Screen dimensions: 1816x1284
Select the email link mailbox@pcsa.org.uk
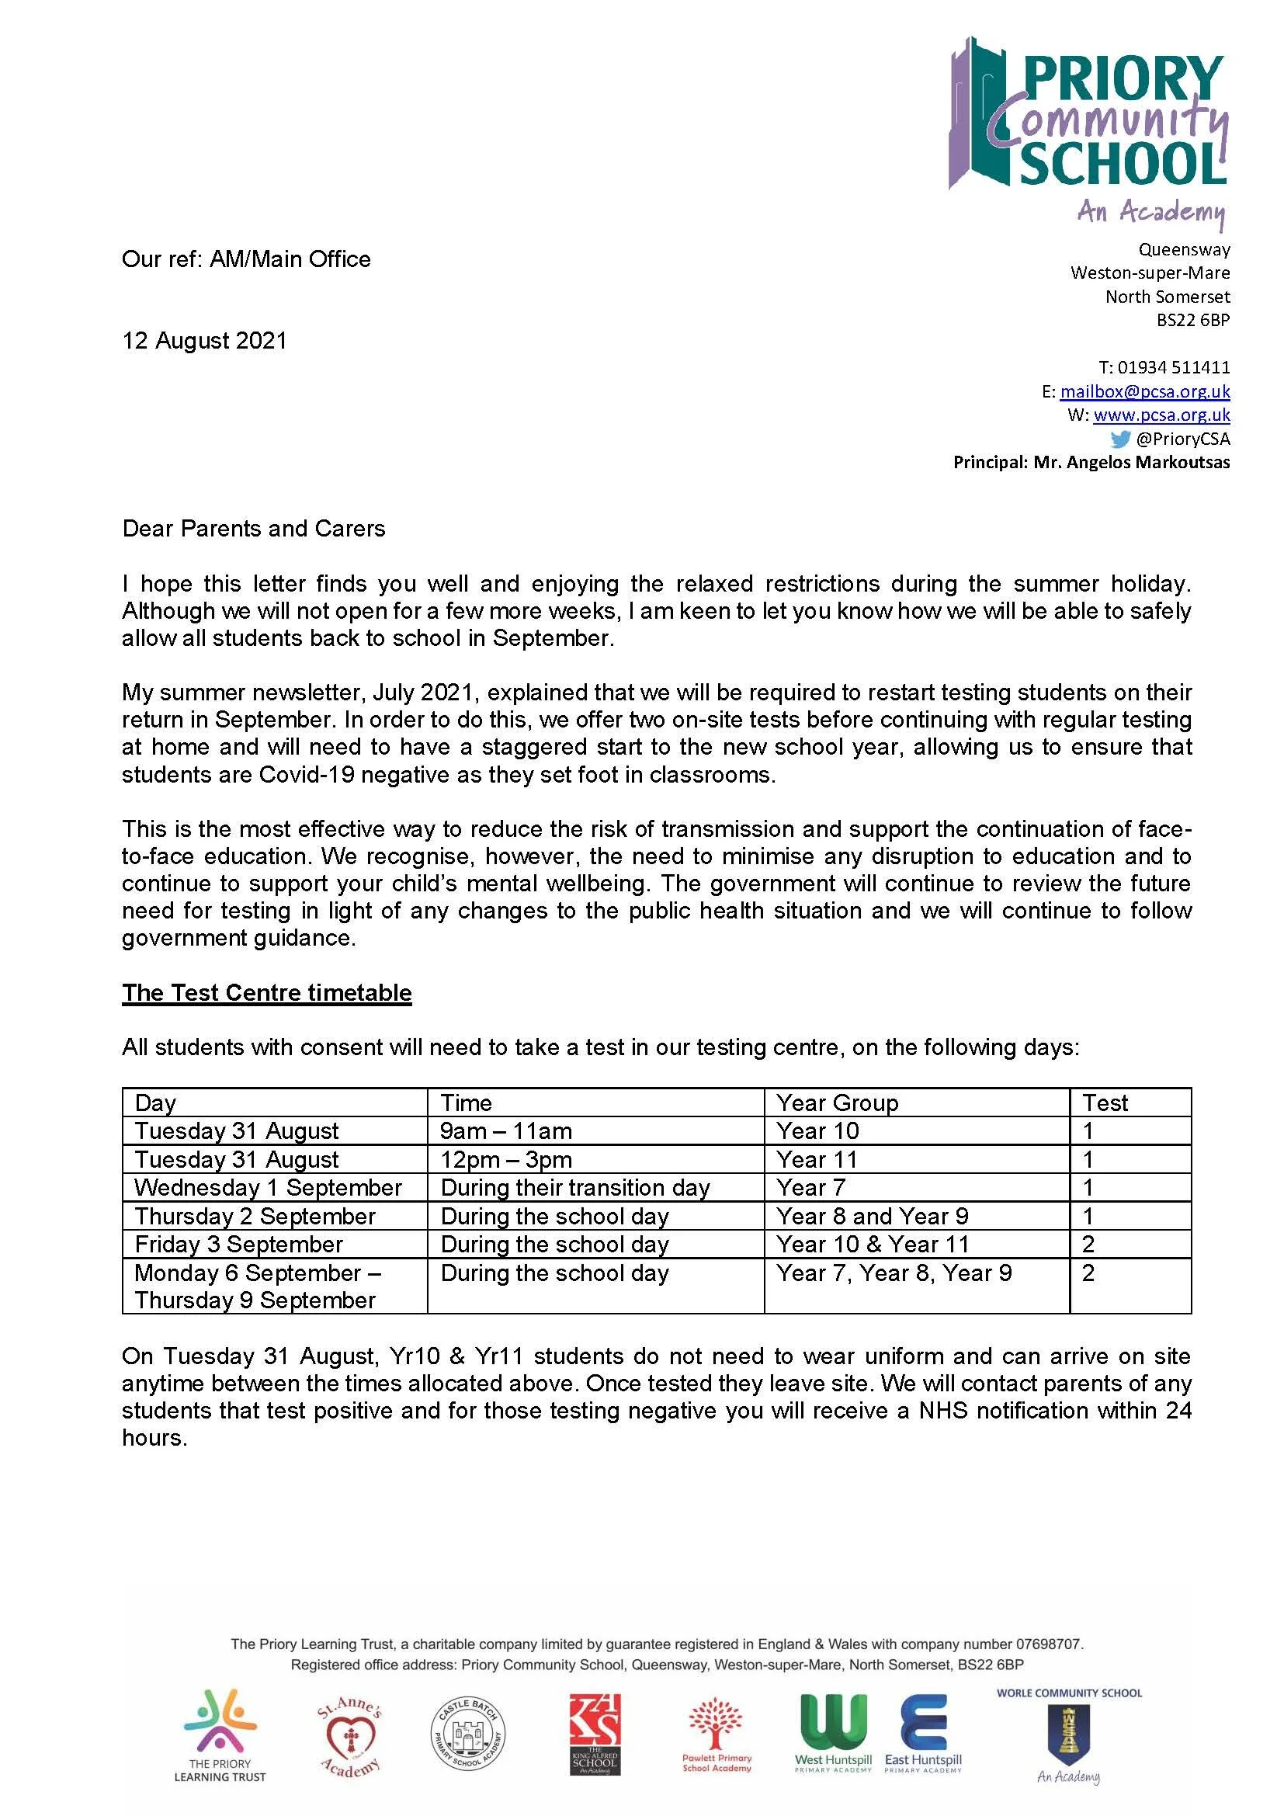point(1144,391)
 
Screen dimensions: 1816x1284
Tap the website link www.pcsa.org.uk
point(1161,415)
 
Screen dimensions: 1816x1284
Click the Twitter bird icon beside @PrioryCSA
point(1119,439)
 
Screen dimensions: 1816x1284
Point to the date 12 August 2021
point(204,341)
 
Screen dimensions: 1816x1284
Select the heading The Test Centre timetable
point(266,993)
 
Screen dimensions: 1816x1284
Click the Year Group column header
point(837,1102)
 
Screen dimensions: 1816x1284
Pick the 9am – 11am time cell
point(506,1131)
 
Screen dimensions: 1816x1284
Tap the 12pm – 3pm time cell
point(506,1159)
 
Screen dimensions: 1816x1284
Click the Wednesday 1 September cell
point(268,1188)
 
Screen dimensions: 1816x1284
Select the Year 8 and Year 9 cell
point(871,1217)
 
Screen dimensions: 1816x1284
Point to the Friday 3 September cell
point(239,1245)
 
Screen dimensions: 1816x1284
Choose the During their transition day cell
point(574,1188)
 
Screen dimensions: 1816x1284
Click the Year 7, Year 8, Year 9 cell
point(894,1273)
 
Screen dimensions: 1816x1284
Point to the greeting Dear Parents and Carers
point(254,530)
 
